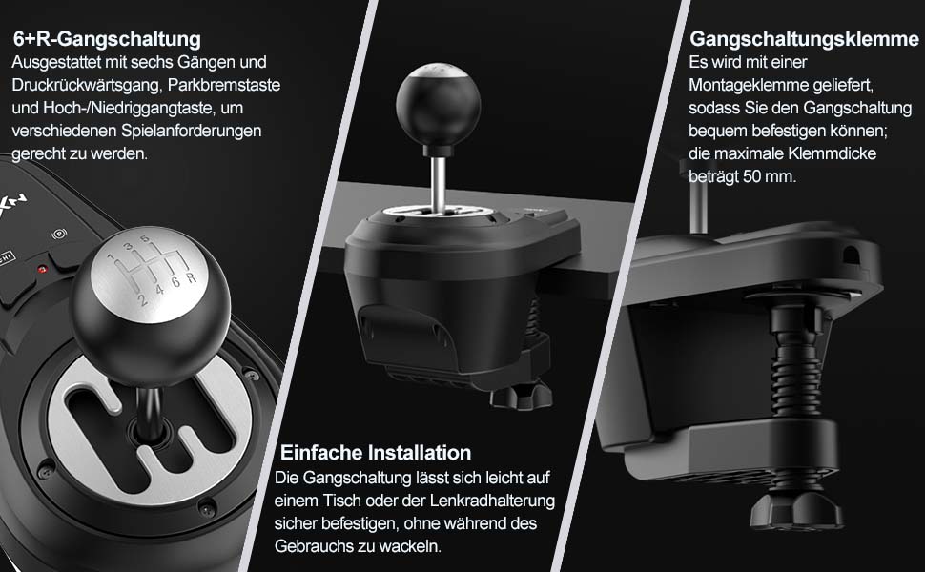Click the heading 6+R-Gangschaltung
point(107,39)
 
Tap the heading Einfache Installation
point(375,452)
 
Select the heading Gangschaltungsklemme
point(804,39)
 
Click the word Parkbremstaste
point(224,85)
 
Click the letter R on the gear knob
point(191,278)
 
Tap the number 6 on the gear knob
point(175,282)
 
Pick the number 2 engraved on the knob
point(143,300)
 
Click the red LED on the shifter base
point(42,270)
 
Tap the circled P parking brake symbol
point(58,235)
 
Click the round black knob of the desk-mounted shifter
point(438,107)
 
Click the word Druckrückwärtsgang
point(86,85)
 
